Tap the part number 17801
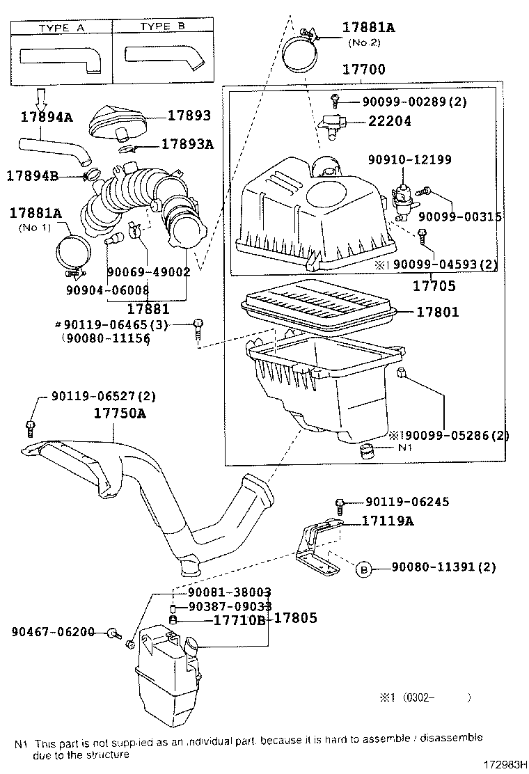point(437,313)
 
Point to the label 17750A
point(120,413)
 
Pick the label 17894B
point(33,175)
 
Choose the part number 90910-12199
point(410,160)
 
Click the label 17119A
point(387,520)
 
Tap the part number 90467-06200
point(53,631)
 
